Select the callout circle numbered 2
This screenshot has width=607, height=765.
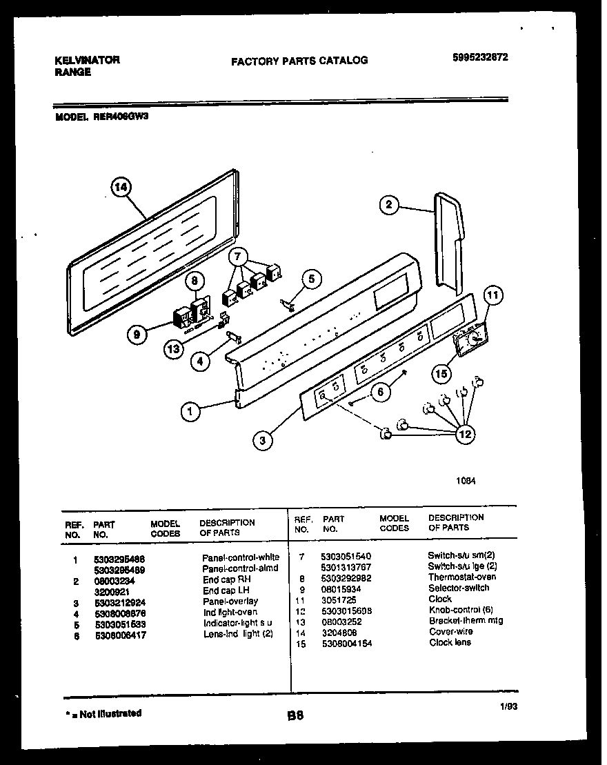click(x=389, y=204)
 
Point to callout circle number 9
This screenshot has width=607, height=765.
click(x=137, y=335)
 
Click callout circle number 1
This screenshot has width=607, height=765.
click(x=191, y=412)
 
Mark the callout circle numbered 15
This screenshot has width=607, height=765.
click(x=441, y=373)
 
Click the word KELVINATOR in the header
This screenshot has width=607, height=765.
click(x=87, y=60)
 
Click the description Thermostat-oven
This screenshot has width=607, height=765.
click(x=461, y=577)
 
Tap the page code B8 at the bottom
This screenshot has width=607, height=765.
click(x=295, y=717)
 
